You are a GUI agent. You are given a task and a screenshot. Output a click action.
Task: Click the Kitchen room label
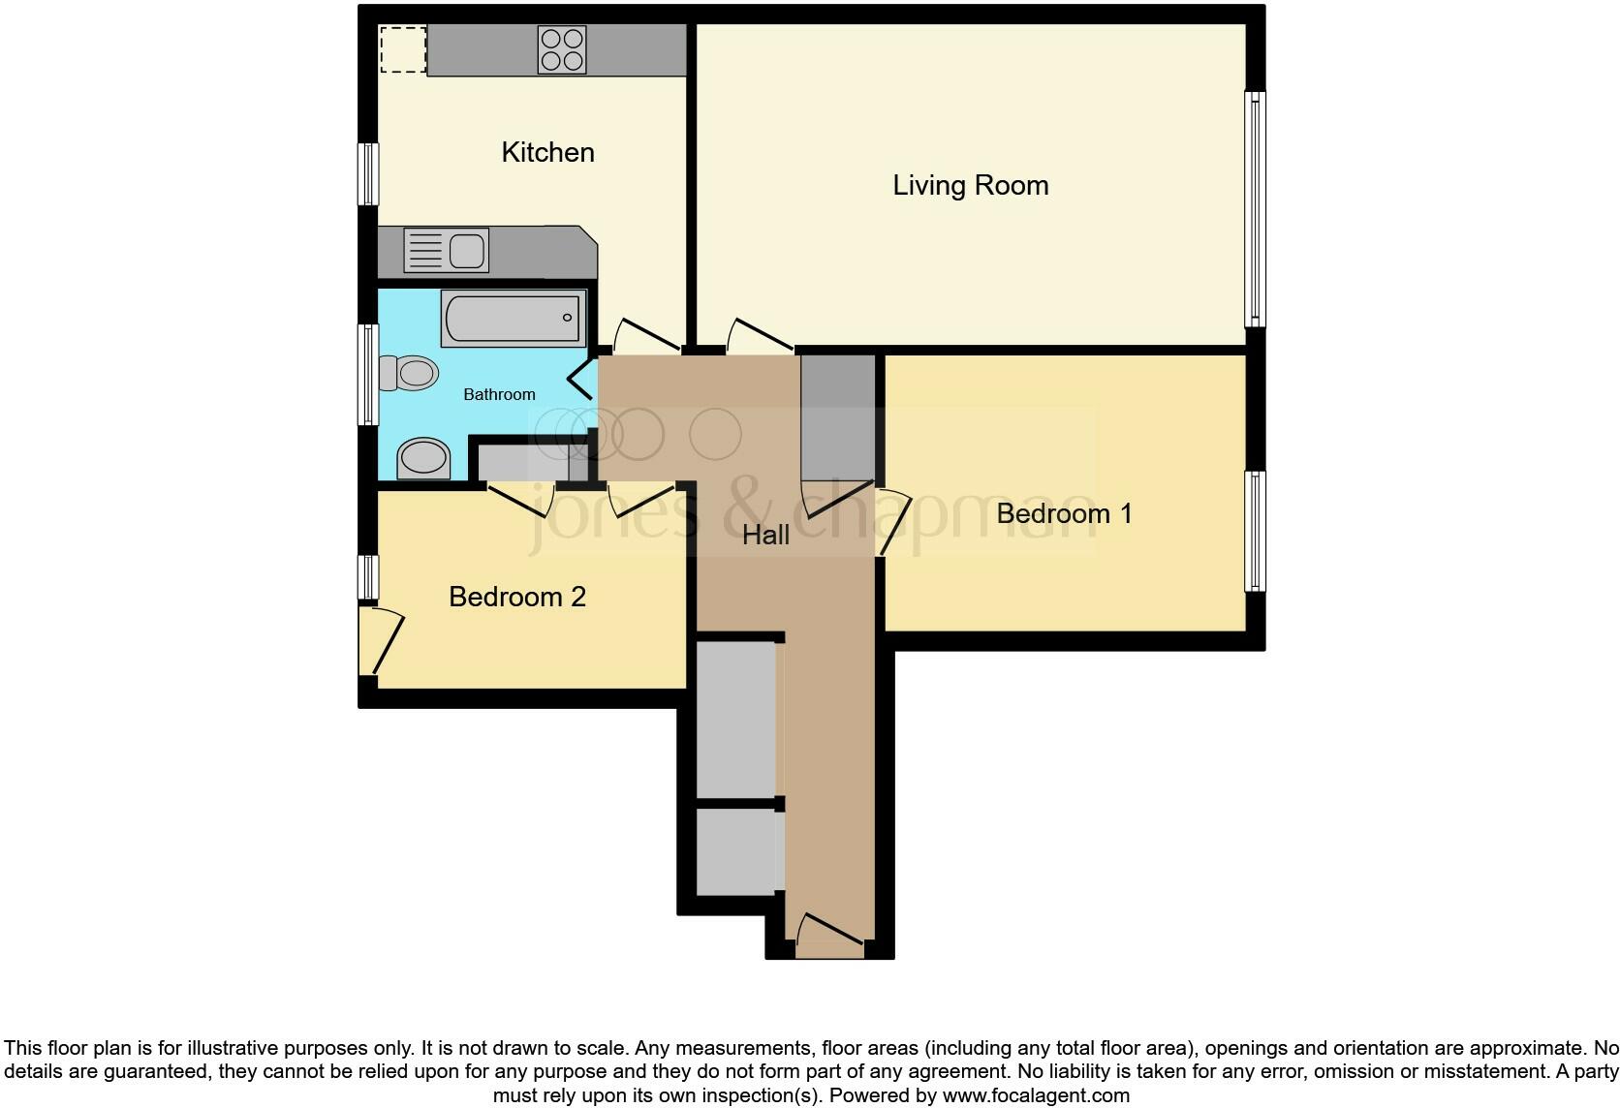coord(547,152)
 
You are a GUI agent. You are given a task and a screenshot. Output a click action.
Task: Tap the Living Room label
coord(970,185)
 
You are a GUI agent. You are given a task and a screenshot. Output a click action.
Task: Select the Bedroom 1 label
coord(1064,513)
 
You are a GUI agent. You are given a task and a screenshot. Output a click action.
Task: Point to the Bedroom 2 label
coord(517,597)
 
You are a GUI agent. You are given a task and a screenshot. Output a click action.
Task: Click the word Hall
coord(765,535)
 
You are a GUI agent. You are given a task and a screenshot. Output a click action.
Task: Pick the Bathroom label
coord(499,394)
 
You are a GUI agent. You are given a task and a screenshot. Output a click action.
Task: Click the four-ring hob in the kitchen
coord(563,49)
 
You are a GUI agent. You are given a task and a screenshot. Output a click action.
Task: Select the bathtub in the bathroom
coord(514,317)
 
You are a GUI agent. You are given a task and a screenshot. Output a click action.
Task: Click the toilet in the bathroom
coord(409,373)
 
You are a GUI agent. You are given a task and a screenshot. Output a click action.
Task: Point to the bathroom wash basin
coord(424,458)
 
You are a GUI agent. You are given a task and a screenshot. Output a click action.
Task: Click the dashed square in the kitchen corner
coord(402,49)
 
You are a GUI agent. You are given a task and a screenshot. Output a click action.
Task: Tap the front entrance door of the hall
coord(828,936)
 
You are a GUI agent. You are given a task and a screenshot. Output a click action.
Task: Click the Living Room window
coord(1255,209)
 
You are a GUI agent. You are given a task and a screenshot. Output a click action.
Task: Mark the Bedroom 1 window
coord(1255,531)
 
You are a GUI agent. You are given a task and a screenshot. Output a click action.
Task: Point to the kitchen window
coord(368,174)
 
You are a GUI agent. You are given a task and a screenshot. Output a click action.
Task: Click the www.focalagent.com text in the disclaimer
coord(1036,1096)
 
